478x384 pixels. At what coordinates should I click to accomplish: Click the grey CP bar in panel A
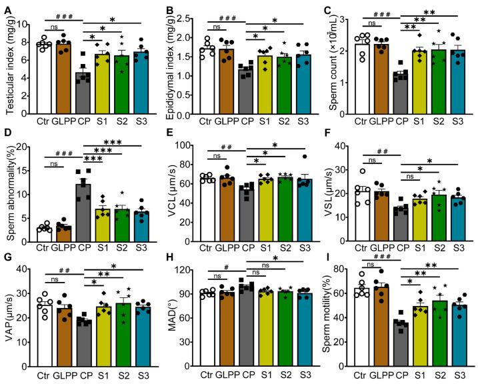click(82, 93)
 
